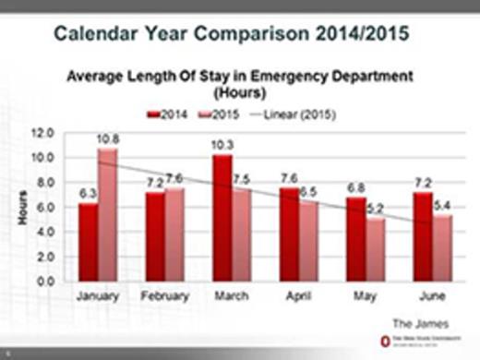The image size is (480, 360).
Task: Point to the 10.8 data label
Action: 109,138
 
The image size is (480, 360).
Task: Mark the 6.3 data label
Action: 88,194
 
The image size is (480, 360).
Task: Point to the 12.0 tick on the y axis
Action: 42,133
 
